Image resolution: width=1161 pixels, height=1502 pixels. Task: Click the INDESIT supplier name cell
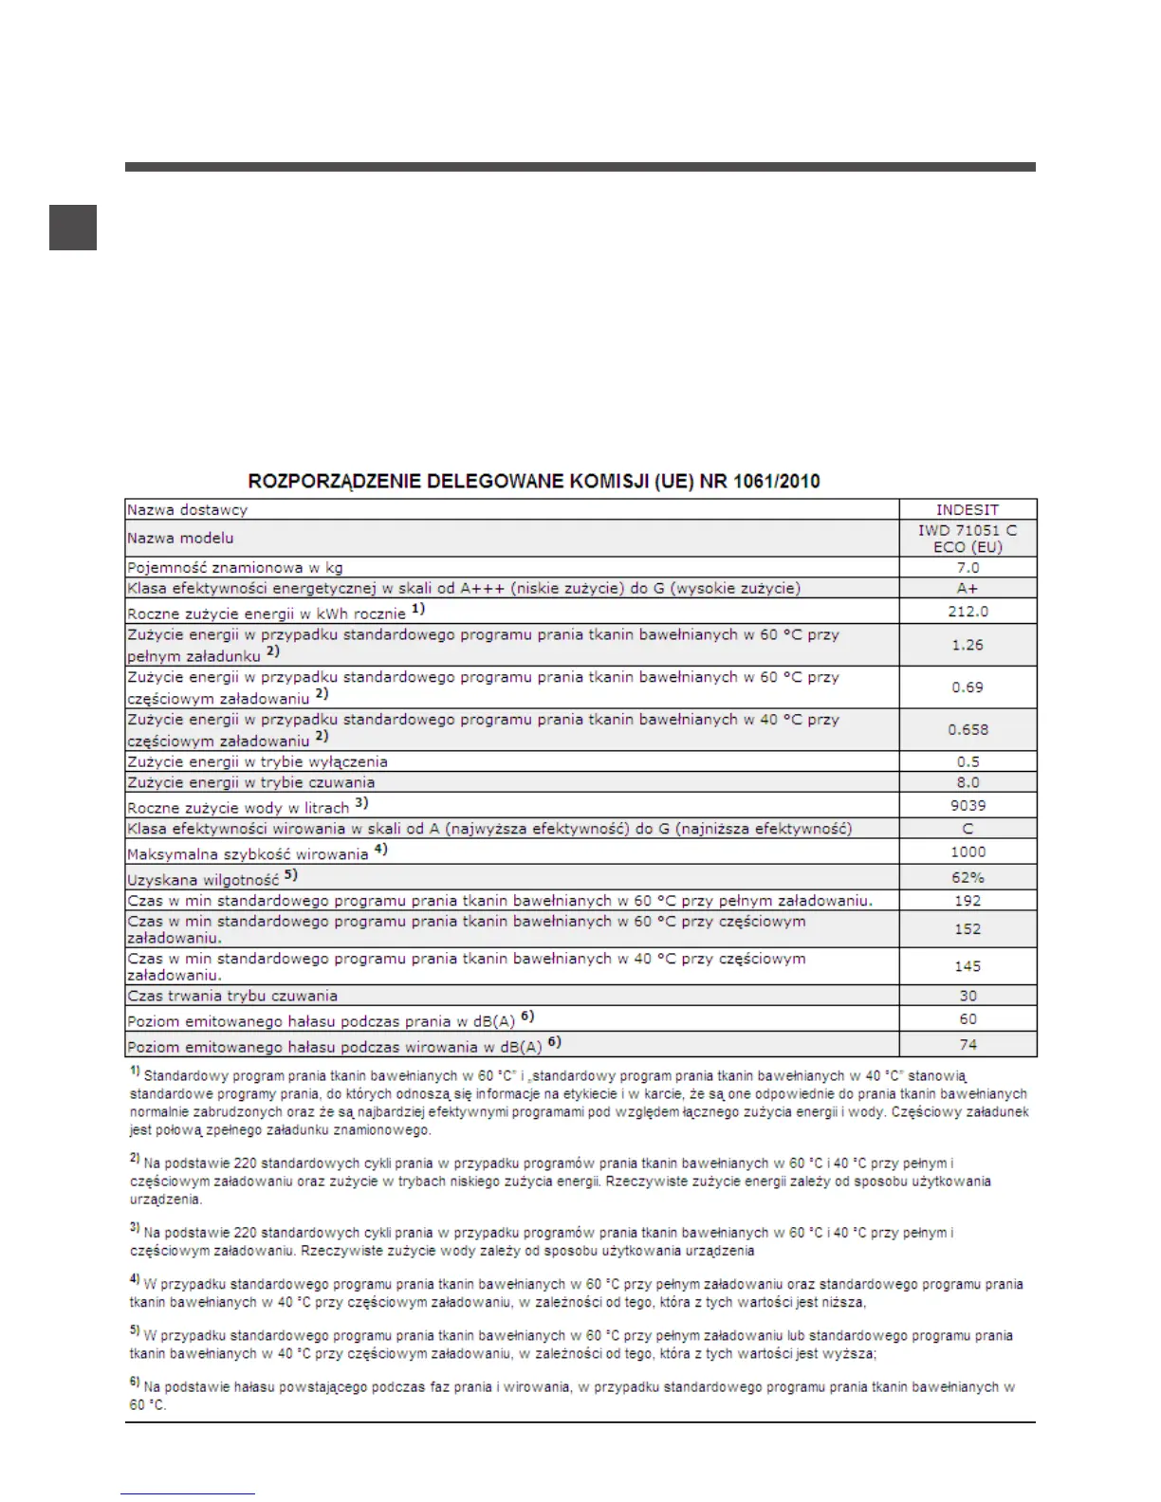click(967, 509)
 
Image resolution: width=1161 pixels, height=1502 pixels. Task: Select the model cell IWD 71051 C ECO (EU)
click(967, 539)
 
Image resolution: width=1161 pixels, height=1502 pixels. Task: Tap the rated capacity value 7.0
click(967, 568)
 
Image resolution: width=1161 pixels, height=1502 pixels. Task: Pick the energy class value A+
click(967, 588)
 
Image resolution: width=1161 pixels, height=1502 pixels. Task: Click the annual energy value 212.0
click(967, 612)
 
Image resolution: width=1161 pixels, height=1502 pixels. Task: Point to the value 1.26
click(967, 645)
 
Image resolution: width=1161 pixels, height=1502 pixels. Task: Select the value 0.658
click(967, 730)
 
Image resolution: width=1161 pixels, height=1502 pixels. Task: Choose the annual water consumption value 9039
click(967, 805)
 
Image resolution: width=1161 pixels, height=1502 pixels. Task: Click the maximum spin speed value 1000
click(967, 852)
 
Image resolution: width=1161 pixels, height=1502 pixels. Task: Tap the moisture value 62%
click(967, 877)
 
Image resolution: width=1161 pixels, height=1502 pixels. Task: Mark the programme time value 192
click(967, 901)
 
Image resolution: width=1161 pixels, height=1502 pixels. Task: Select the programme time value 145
click(967, 966)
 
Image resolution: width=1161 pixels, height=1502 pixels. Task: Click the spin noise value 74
click(967, 1044)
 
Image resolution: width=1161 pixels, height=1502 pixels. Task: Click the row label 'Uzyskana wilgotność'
click(203, 880)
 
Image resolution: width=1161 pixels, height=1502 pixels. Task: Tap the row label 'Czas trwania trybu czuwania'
click(232, 996)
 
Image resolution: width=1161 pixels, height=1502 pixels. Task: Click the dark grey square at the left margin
click(73, 227)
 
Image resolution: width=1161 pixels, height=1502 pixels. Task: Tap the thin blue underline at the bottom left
click(188, 1494)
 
